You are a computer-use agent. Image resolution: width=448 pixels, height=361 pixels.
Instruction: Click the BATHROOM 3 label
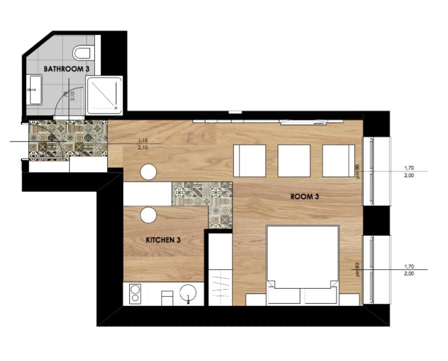(66, 69)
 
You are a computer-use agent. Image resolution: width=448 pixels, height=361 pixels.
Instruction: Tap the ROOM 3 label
(304, 197)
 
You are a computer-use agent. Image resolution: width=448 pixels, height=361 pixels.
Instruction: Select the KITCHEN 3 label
(163, 240)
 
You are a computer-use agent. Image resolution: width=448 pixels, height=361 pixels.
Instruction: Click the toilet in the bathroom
(81, 53)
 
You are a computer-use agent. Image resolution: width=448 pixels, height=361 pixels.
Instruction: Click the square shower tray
(104, 95)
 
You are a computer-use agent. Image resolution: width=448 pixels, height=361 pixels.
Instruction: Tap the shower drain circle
(116, 108)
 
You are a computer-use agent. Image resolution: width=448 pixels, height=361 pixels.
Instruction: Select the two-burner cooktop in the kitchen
(135, 294)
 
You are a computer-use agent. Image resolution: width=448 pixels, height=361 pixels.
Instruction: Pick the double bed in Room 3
(303, 265)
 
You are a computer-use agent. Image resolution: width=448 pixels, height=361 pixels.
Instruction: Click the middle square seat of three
(294, 161)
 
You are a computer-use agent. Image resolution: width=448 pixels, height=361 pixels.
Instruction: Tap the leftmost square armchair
(250, 161)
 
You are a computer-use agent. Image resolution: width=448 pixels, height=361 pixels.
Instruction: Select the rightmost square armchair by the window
(339, 161)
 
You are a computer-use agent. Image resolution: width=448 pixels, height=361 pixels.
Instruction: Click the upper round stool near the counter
(148, 172)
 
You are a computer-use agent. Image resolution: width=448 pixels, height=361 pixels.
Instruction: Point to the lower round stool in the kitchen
(148, 215)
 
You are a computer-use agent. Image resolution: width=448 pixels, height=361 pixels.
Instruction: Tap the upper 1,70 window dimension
(409, 168)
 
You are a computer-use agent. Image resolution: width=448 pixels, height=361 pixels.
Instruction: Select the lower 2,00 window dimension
(409, 274)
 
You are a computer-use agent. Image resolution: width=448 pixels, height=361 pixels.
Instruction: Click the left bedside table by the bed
(256, 299)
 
